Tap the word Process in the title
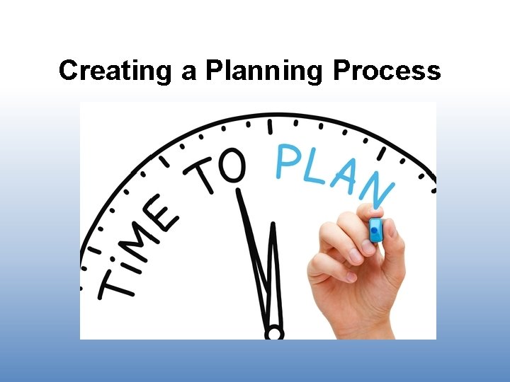[387, 71]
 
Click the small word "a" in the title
[188, 72]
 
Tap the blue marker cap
[375, 229]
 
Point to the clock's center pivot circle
[273, 332]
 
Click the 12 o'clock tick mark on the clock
[269, 126]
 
